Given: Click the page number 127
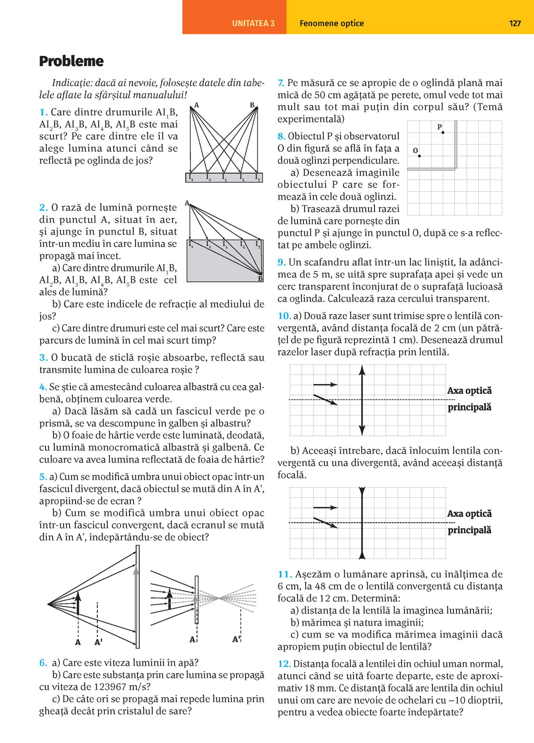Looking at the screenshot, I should pyautogui.click(x=515, y=23).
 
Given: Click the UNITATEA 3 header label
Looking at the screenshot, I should pyautogui.click(x=253, y=23).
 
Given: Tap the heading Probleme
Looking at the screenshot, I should pyautogui.click(x=71, y=61).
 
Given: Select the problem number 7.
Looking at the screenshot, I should pyautogui.click(x=281, y=83).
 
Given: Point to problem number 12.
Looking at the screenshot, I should pyautogui.click(x=284, y=664).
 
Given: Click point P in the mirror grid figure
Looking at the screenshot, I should pyautogui.click(x=443, y=133).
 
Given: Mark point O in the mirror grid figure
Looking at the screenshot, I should pyautogui.click(x=419, y=155).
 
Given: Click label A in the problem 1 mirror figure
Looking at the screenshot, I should pyautogui.click(x=197, y=105).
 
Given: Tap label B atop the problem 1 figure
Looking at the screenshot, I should pyautogui.click(x=252, y=105).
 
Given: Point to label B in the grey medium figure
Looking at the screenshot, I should pyautogui.click(x=260, y=279).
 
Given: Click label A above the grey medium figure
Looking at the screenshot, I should pyautogui.click(x=187, y=203).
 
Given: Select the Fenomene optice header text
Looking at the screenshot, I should pyautogui.click(x=331, y=23).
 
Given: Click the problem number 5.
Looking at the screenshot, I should pyautogui.click(x=43, y=477).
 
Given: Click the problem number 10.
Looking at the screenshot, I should pyautogui.click(x=284, y=316).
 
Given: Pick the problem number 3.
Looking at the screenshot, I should pyautogui.click(x=43, y=357).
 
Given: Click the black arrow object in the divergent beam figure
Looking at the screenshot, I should pyautogui.click(x=78, y=604).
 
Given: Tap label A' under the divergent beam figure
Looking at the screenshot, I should pyautogui.click(x=98, y=642).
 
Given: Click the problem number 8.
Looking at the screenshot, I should pyautogui.click(x=281, y=136).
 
